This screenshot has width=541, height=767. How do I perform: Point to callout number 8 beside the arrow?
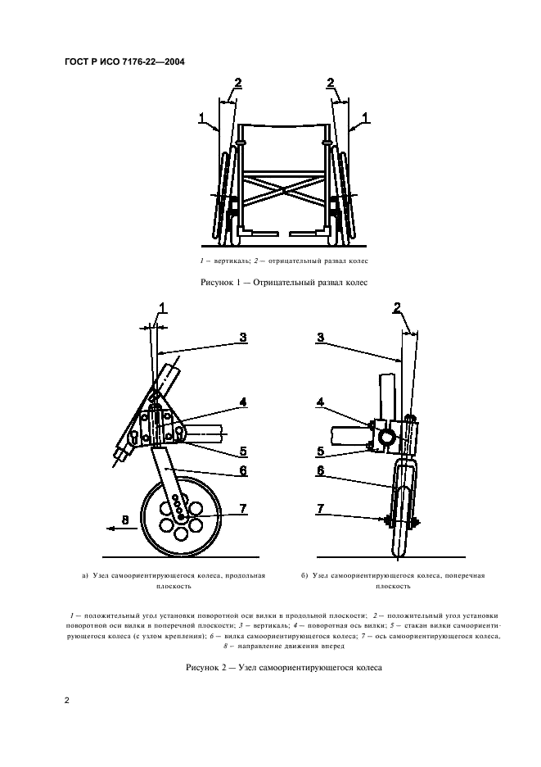tap(125, 519)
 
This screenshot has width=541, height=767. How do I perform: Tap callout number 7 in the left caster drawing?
tap(243, 509)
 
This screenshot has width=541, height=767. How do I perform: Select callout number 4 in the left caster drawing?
tap(242, 402)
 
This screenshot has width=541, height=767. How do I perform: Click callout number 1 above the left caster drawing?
tap(161, 308)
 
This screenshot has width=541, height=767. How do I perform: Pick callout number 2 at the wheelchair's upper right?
tap(331, 83)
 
